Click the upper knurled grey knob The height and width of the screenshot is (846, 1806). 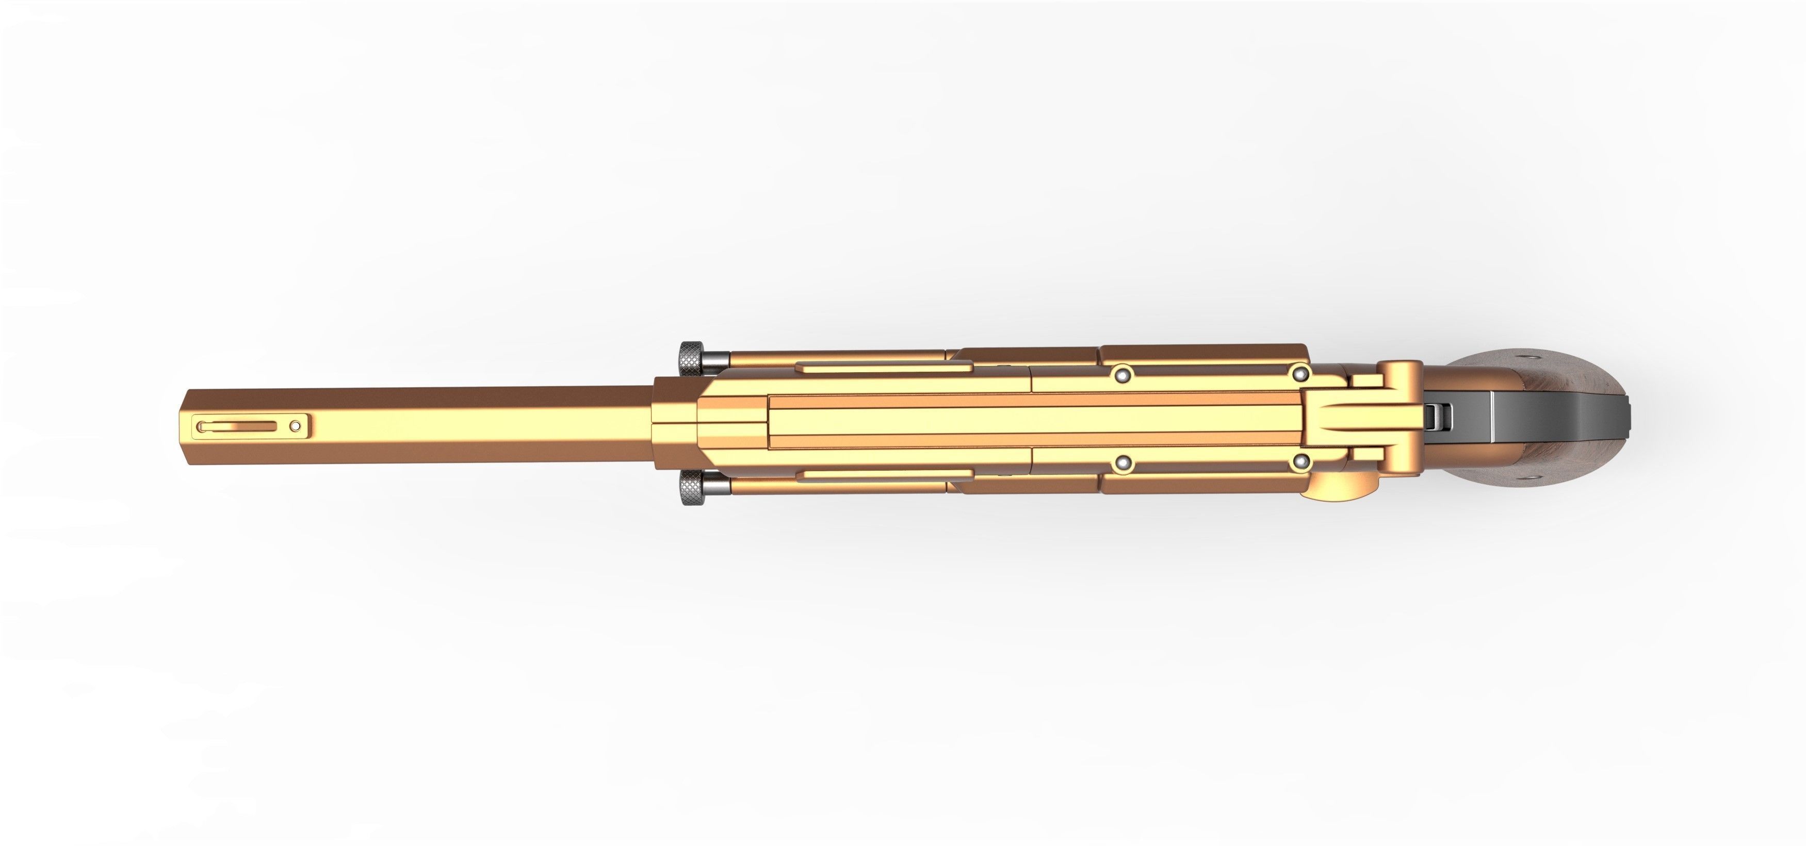tap(689, 358)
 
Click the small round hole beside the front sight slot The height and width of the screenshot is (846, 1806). tap(296, 425)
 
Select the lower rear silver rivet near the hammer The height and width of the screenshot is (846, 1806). tap(1301, 462)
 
